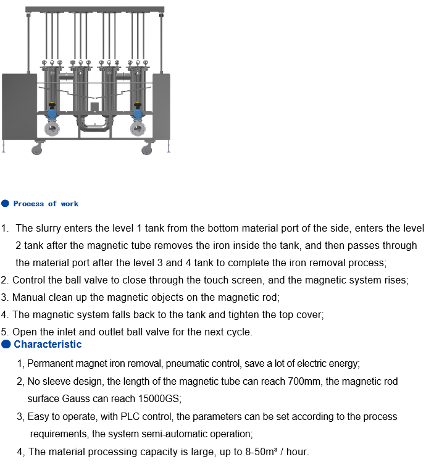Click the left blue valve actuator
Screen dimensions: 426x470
52,114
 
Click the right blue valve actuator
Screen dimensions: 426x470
138,114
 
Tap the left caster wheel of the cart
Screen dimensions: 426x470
36,149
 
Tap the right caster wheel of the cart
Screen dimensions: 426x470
146,149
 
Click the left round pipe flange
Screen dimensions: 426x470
52,129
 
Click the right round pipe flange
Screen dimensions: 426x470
138,129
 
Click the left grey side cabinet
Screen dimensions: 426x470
20,106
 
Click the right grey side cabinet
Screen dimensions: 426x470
162,106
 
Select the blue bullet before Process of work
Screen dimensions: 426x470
5,204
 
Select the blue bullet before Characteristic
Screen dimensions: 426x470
6,344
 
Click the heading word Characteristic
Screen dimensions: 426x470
48,344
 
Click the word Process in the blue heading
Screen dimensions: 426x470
28,204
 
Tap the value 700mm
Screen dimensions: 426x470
304,381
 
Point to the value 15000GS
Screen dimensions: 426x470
160,398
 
